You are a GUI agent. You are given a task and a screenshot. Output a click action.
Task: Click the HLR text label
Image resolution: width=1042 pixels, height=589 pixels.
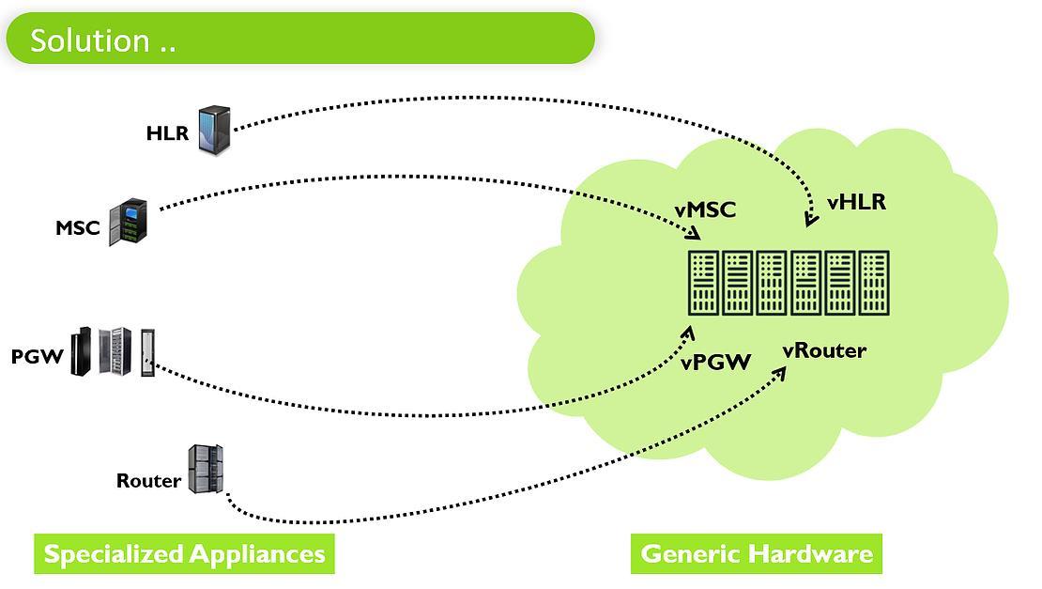tap(167, 133)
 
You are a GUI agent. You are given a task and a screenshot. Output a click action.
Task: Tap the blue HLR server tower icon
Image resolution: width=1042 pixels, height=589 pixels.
tap(215, 131)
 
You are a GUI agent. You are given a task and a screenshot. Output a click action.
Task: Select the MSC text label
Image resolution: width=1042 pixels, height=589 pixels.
tap(78, 228)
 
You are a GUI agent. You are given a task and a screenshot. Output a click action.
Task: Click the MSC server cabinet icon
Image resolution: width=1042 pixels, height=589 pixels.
tap(129, 222)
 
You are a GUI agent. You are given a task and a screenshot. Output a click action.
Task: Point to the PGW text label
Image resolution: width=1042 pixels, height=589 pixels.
tap(38, 356)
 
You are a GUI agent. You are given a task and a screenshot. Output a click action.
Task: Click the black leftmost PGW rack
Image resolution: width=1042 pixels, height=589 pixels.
tap(81, 351)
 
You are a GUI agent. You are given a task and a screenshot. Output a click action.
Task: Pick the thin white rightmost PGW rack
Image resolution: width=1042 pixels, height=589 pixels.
tap(147, 352)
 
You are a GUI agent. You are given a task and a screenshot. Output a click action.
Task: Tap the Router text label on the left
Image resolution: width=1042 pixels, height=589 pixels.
tap(149, 481)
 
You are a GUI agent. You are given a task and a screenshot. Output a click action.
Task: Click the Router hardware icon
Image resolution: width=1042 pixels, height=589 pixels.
tap(206, 470)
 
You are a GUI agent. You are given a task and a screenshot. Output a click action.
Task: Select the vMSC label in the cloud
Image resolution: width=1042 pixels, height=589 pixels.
tap(705, 210)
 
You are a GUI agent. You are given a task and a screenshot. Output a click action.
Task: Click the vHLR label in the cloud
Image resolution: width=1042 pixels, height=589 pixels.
tap(856, 202)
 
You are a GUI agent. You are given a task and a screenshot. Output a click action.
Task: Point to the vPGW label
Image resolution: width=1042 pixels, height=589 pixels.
tap(715, 363)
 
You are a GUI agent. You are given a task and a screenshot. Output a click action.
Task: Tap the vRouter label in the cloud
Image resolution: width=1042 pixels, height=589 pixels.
tap(825, 350)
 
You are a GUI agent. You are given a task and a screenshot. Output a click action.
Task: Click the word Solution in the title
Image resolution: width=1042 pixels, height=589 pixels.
tap(90, 40)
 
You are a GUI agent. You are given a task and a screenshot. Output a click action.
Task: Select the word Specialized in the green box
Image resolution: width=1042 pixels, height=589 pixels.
tap(114, 554)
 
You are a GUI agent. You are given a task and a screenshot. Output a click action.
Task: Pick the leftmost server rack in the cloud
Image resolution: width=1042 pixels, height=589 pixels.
tap(703, 283)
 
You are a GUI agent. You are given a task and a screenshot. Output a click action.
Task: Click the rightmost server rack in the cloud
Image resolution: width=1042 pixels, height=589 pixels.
tap(874, 283)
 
